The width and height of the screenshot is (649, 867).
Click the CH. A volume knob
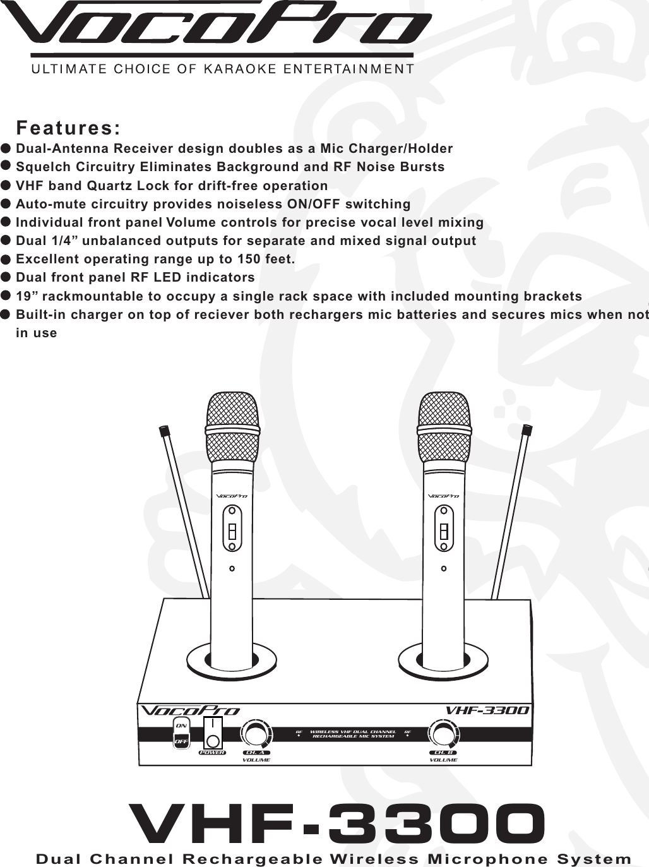[255, 734]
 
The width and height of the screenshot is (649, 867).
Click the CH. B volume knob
[442, 734]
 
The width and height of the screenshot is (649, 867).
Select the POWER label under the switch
[213, 753]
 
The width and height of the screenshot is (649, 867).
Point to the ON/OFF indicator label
[181, 734]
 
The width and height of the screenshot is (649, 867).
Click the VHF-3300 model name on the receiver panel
[487, 710]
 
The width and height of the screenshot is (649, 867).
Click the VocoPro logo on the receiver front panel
[190, 710]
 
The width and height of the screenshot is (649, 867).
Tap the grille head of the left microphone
[232, 426]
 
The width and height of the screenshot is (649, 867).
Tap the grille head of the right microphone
[444, 426]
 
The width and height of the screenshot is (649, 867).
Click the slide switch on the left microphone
[232, 530]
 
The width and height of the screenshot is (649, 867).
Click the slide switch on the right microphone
[444, 530]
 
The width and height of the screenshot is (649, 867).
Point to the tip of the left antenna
[165, 432]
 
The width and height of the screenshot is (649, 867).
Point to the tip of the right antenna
[527, 431]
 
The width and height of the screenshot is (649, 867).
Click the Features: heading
[68, 128]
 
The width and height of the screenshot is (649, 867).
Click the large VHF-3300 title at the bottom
[336, 824]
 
